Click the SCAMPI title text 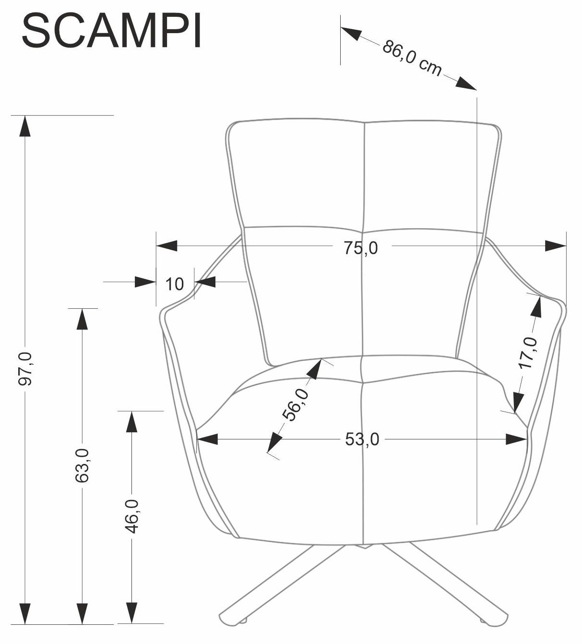coord(111,31)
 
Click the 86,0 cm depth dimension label coord(412,59)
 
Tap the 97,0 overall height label coord(25,368)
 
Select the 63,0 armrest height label coord(82,465)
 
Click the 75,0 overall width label coord(361,248)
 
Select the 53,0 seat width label coord(362,439)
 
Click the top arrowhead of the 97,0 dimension coord(25,126)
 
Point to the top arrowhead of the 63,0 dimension coord(82,319)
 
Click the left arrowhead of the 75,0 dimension coord(167,246)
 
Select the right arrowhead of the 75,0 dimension coord(556,246)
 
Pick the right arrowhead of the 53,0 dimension coord(517,439)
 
